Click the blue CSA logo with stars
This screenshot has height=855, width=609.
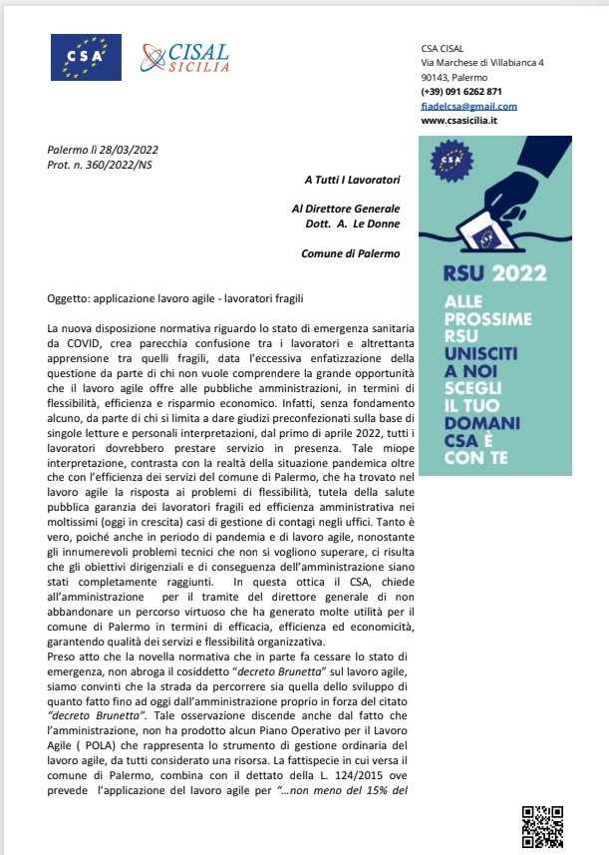tap(86, 57)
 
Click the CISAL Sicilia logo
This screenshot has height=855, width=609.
tap(185, 58)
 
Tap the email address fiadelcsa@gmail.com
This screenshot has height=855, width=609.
tap(468, 106)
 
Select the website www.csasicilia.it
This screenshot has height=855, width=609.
tap(459, 121)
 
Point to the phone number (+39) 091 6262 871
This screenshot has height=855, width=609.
tap(461, 92)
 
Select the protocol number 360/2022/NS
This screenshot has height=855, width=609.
tap(118, 164)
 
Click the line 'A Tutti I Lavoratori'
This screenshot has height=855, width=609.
tap(352, 180)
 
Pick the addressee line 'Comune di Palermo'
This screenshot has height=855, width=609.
tap(350, 253)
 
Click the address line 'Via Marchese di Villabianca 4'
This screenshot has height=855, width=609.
tap(482, 63)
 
